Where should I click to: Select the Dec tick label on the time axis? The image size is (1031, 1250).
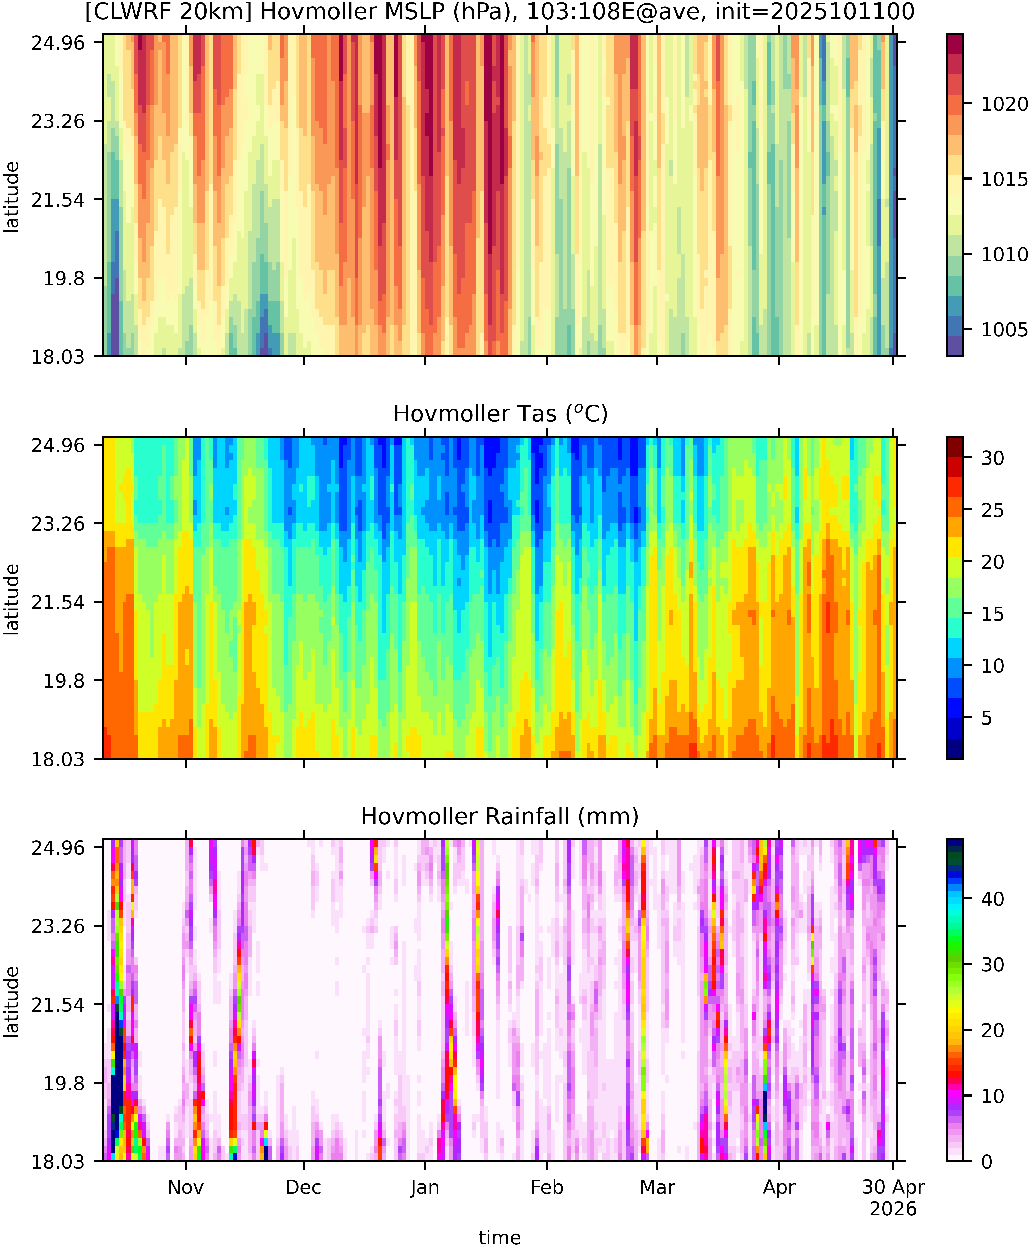[x=304, y=1187]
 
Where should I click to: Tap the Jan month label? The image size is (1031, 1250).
[x=425, y=1187]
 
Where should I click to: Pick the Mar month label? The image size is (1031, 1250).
[x=658, y=1187]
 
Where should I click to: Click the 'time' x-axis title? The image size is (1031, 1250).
[x=500, y=1238]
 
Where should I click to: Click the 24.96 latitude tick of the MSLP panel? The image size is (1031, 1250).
[x=58, y=43]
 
